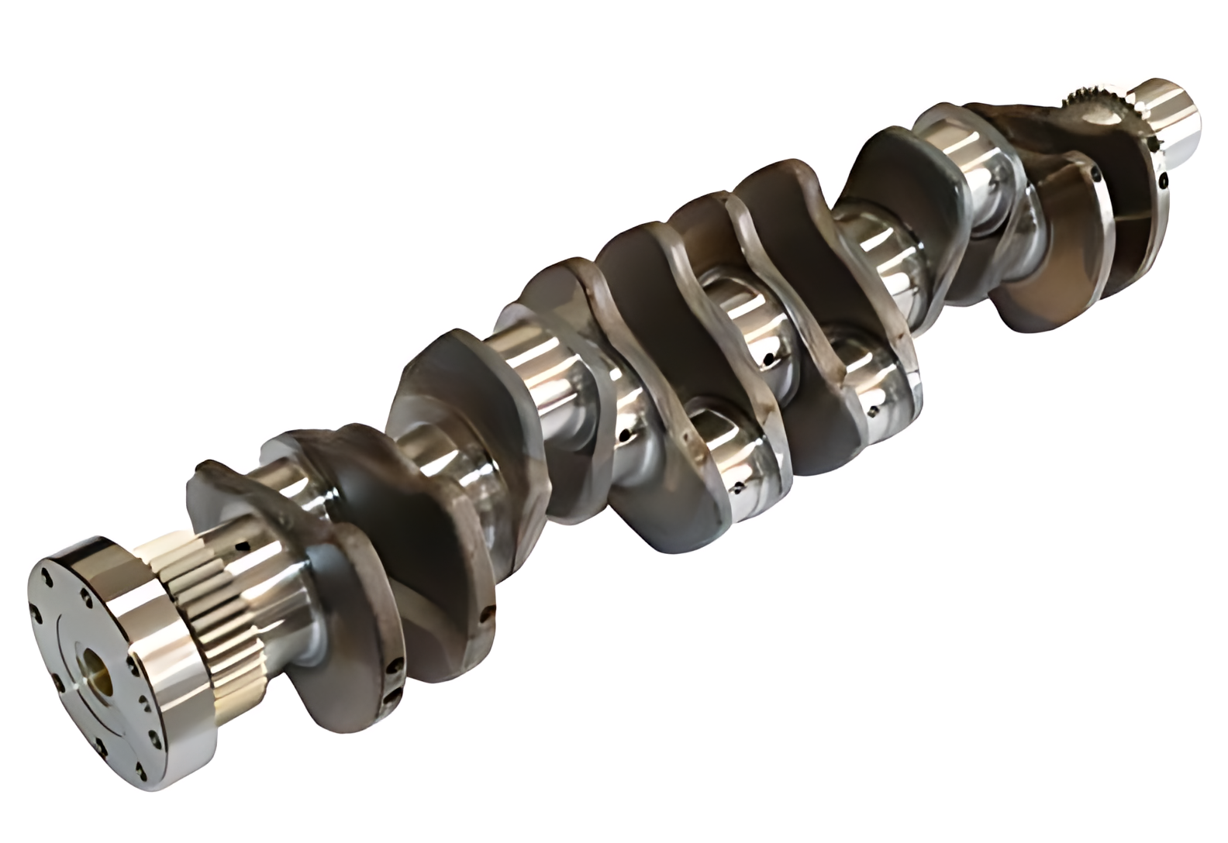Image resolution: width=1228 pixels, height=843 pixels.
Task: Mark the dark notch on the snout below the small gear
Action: click(1154, 143)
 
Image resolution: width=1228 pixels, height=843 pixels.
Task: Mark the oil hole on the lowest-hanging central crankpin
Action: click(737, 487)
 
